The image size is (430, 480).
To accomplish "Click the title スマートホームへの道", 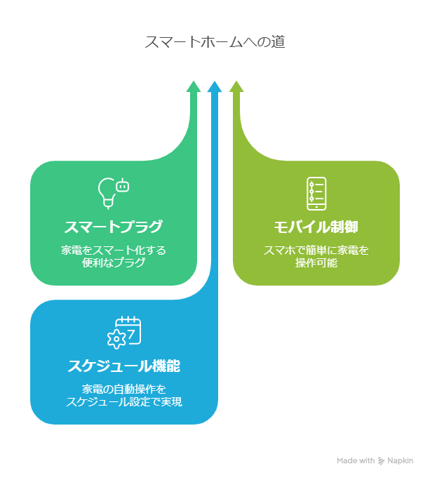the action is click(x=215, y=42).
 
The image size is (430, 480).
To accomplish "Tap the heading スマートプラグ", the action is click(x=113, y=227).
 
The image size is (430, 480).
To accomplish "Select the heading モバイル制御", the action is click(x=316, y=227).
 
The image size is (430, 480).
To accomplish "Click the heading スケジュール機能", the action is click(x=124, y=366).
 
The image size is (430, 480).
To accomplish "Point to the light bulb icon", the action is click(x=106, y=194).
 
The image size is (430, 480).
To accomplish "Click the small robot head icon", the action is click(x=123, y=185).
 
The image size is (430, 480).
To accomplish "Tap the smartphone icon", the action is click(x=316, y=194).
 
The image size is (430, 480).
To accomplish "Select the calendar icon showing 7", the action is click(x=128, y=331).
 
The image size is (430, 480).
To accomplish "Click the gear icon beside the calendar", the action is click(x=116, y=339).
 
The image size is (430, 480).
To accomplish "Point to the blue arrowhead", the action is click(x=215, y=86).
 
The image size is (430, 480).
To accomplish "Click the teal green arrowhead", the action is click(x=194, y=86).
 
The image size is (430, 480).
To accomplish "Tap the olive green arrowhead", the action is click(x=236, y=86).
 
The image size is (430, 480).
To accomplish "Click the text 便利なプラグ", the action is click(x=113, y=262).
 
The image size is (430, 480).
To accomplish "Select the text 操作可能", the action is click(x=316, y=262).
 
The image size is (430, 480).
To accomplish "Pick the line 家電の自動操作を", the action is click(x=124, y=389).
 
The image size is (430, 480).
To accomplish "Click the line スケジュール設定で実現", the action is click(x=124, y=401).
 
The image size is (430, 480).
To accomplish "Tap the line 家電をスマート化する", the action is click(x=113, y=251).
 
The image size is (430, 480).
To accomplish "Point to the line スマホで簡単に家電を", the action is click(x=316, y=251).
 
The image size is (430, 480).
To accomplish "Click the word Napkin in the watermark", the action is click(x=400, y=461).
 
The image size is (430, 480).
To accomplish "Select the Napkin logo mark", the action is click(x=381, y=461).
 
